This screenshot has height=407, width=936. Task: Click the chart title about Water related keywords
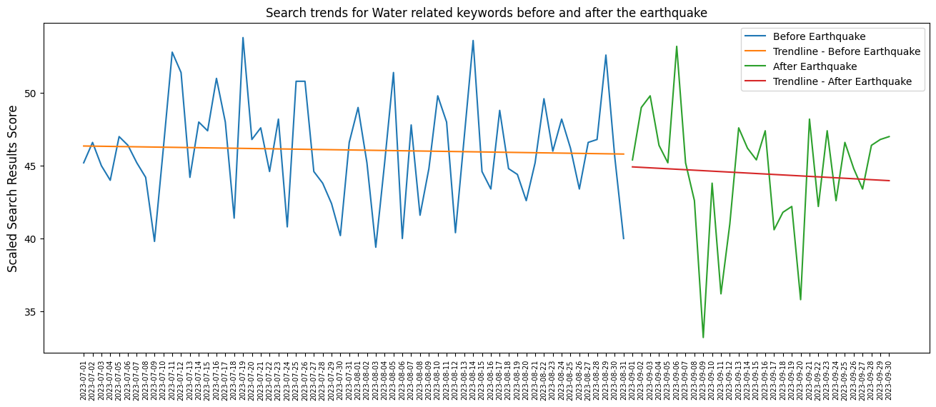point(487,13)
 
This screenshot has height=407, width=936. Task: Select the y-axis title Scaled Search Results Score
point(13,189)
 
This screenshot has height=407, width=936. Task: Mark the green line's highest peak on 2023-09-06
point(677,46)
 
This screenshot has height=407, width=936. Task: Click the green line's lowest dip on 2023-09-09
point(703,337)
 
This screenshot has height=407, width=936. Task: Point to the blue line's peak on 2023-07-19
point(243,38)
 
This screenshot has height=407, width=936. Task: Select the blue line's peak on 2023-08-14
point(473,41)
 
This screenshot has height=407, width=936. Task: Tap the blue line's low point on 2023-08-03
point(376,247)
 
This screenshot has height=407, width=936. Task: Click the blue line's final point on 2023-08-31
point(624,238)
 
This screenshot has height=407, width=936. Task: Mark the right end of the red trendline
point(890,181)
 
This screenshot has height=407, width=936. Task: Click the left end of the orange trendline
point(84,146)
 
